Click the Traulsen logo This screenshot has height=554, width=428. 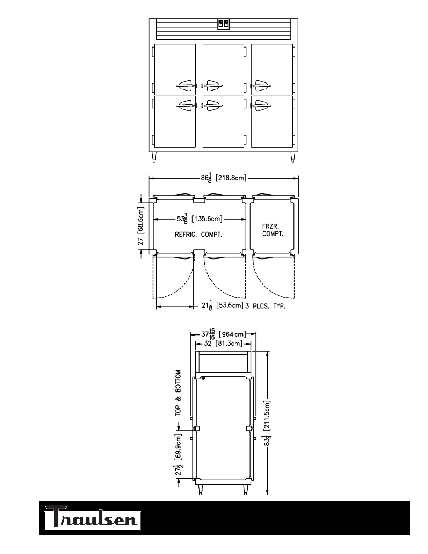point(92,518)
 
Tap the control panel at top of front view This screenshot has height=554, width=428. point(223,24)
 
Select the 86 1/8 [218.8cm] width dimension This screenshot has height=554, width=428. point(224,178)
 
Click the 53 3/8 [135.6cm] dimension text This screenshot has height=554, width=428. point(200,219)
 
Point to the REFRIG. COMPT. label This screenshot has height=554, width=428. point(198,234)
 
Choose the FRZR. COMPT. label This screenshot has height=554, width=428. point(273,230)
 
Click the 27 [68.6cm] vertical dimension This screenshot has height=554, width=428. point(141,226)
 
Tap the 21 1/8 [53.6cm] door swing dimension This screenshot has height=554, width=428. point(223,305)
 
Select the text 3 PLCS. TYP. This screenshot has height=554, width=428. point(266,306)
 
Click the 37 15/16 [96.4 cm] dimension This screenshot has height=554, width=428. point(224,334)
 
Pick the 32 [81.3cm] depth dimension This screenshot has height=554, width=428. point(223,344)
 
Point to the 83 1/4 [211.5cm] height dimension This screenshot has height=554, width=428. point(267,423)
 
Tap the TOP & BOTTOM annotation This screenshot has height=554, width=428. point(178,393)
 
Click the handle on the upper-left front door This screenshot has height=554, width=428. point(186,86)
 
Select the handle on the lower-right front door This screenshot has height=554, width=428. point(261,106)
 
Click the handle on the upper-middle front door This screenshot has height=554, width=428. point(213,86)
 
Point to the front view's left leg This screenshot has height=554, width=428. point(154,157)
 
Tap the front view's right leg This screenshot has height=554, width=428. point(293,157)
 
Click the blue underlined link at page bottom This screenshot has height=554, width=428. point(69,551)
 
